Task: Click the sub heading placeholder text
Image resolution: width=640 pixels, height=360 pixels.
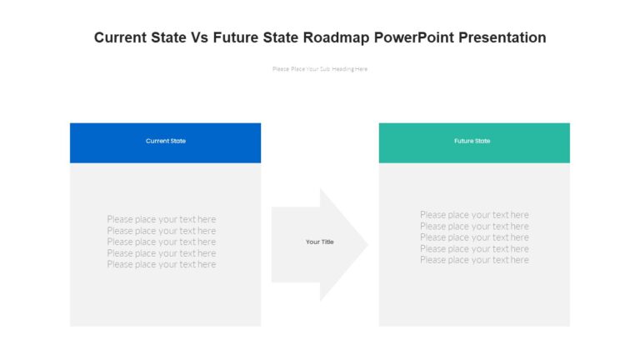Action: tap(320, 69)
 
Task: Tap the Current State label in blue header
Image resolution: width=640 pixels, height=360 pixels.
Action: tap(166, 141)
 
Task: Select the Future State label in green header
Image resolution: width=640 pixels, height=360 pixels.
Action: tap(472, 141)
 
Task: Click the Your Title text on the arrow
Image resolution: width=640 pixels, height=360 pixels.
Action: tap(319, 242)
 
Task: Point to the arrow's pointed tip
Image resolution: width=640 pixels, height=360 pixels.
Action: tap(366, 244)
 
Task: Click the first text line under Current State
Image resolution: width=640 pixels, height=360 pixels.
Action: tap(161, 219)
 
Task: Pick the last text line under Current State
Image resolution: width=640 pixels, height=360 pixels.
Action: tap(161, 264)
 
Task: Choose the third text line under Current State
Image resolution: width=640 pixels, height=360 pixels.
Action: tap(161, 242)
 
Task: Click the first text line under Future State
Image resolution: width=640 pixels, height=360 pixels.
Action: tap(474, 215)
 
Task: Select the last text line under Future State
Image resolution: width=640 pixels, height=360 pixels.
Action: tap(474, 260)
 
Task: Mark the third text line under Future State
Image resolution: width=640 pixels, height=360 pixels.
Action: tap(474, 237)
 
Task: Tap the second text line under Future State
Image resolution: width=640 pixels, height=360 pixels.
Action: tap(474, 226)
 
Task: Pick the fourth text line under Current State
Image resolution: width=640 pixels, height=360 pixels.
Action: tap(161, 253)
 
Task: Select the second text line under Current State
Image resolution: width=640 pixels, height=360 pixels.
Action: tap(161, 231)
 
